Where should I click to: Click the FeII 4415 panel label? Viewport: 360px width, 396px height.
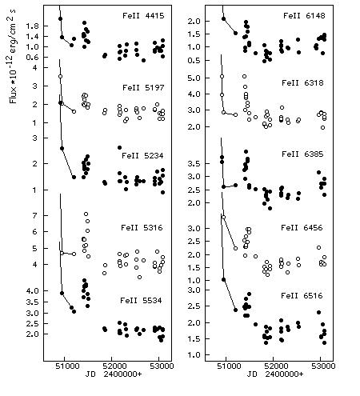[143, 16]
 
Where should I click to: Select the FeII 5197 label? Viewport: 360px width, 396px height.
[143, 88]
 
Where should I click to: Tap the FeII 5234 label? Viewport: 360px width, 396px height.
[142, 156]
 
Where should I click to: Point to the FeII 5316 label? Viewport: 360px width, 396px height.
[142, 228]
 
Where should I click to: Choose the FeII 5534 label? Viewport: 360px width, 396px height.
[141, 301]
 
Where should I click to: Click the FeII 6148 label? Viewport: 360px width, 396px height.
[304, 16]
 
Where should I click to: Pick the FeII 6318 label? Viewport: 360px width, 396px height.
[302, 83]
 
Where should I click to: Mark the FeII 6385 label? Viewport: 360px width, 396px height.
[302, 154]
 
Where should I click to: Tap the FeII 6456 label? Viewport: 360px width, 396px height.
[302, 228]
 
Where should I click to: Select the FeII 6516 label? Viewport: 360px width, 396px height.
[302, 296]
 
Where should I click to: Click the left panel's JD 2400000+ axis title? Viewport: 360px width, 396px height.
[114, 374]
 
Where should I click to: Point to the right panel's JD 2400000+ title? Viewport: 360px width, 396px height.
[275, 374]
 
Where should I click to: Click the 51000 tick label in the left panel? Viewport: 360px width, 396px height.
[64, 366]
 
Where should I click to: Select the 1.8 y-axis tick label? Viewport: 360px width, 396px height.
[32, 26]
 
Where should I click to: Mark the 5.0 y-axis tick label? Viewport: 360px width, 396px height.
[196, 78]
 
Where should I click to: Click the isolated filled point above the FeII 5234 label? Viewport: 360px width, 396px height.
[119, 147]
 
